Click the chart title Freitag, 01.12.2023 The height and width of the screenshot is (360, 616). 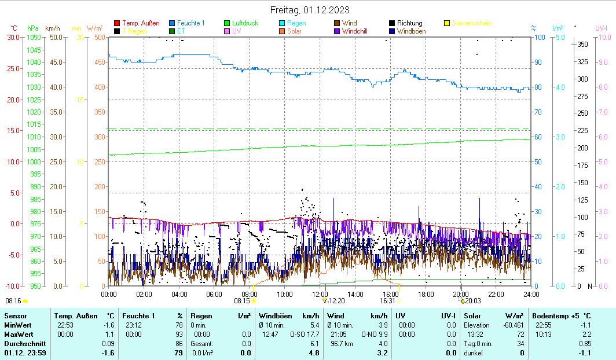click(x=310, y=10)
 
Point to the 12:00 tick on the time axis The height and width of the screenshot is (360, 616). click(x=320, y=294)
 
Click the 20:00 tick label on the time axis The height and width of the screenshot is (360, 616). click(x=461, y=294)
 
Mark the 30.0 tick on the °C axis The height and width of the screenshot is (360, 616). click(x=13, y=37)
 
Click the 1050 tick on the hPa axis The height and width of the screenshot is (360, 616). click(x=34, y=37)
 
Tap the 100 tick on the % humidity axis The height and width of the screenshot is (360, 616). click(x=540, y=37)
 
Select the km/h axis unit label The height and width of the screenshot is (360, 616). click(x=53, y=28)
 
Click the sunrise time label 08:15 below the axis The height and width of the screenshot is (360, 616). click(x=241, y=301)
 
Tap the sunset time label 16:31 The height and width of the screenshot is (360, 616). click(x=387, y=301)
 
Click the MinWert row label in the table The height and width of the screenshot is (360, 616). click(x=18, y=325)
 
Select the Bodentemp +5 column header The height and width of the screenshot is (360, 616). click(x=561, y=315)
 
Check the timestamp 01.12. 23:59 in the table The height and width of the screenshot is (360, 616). click(x=25, y=352)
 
